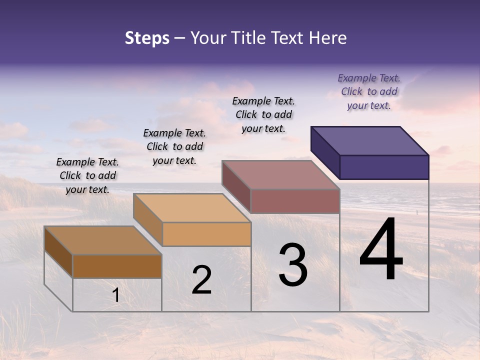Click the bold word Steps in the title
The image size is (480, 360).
(147, 38)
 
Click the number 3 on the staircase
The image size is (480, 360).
(293, 264)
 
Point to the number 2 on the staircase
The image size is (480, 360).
(201, 280)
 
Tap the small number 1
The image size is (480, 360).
(116, 295)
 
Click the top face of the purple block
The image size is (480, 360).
(369, 140)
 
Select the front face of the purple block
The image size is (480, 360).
(384, 167)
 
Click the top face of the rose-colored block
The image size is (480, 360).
(280, 174)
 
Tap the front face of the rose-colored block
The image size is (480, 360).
(295, 201)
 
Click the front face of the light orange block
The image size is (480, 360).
(206, 234)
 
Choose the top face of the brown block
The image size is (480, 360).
(102, 240)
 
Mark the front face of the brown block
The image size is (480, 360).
(117, 266)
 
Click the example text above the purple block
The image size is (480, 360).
(369, 91)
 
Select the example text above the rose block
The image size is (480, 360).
(263, 114)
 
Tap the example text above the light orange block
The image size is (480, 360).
(174, 146)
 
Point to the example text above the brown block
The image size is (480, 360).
(87, 175)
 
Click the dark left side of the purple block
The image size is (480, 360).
(325, 153)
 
